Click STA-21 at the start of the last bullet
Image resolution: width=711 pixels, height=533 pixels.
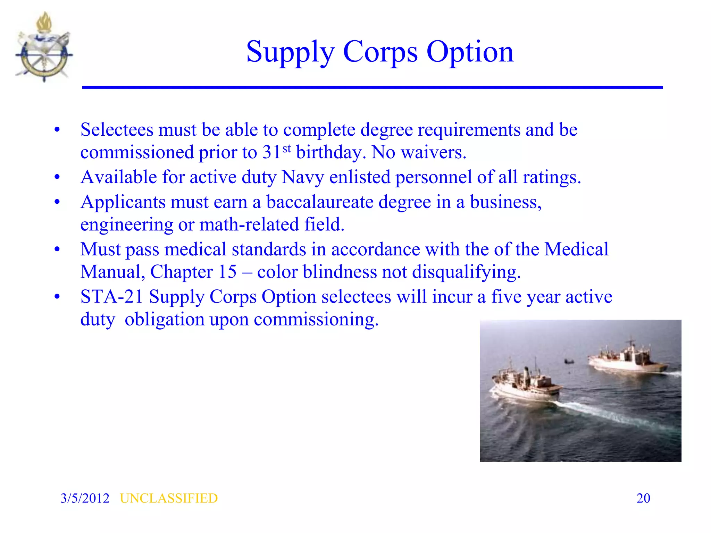(111, 297)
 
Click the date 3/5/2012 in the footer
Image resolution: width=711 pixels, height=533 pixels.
(85, 498)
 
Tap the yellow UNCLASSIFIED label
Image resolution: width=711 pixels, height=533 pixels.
(169, 498)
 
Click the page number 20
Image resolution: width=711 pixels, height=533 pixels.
(643, 498)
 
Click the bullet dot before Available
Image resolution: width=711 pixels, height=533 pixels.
(57, 178)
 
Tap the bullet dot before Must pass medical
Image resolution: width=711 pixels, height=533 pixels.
(57, 249)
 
